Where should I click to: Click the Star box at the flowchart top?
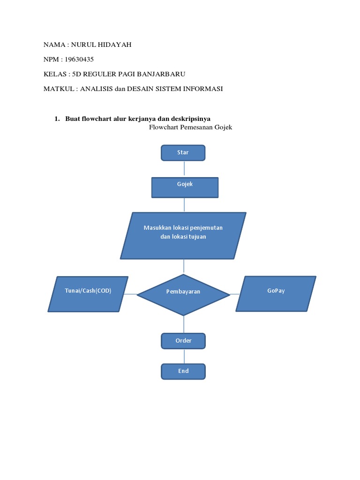tap(183, 153)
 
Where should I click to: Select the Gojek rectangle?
tap(185, 187)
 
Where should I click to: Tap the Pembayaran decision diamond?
tap(183, 294)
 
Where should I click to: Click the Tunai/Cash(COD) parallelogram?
tap(88, 293)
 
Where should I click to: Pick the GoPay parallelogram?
tap(276, 293)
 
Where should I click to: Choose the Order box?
tap(183, 341)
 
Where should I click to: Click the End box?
tap(183, 371)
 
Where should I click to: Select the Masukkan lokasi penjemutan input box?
tap(183, 235)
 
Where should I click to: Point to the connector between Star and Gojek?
tap(184, 169)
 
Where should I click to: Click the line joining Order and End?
tap(184, 356)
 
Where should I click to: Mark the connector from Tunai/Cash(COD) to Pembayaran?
tap(131, 294)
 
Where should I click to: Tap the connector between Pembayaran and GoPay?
tap(235, 294)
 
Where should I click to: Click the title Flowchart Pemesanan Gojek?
tap(190, 127)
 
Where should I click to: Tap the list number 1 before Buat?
tap(56, 119)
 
